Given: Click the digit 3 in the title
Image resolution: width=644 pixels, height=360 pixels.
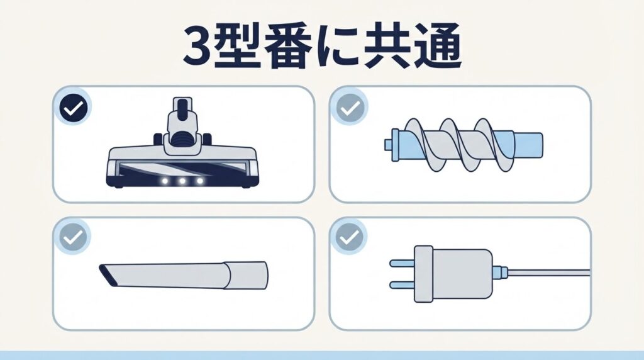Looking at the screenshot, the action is coord(197,47).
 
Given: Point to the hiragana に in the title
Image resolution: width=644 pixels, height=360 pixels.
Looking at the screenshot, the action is coord(335,47).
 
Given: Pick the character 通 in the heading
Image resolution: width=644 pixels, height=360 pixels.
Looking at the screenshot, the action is coord(436,46).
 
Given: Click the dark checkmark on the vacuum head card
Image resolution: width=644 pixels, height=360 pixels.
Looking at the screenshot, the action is coord(74,107).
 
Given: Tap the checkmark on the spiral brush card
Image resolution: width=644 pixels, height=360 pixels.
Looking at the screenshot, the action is coord(350,108).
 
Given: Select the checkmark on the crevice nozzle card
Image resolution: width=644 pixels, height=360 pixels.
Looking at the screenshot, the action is coord(74,237).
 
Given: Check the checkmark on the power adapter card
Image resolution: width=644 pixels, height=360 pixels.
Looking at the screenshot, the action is coord(350,237).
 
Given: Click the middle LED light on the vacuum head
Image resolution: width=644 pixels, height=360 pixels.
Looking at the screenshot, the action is coord(182,181).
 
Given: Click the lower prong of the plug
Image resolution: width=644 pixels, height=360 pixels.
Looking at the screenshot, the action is coord(402,285).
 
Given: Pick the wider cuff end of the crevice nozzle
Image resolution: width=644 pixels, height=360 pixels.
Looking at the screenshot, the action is coord(246,275).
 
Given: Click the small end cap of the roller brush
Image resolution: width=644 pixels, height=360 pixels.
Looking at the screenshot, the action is coord(389,144).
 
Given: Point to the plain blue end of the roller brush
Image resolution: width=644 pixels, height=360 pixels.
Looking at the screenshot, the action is coord(528,145).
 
